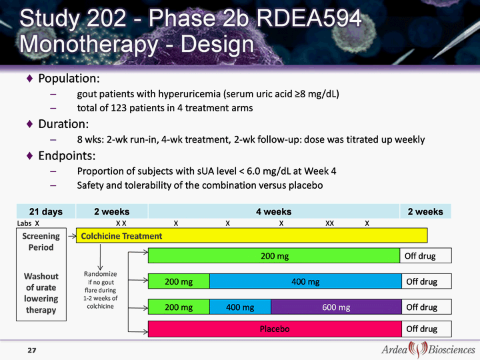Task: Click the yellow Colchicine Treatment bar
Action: (251, 235)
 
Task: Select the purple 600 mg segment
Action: (336, 307)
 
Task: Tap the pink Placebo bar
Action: (275, 329)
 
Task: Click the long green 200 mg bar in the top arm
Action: (274, 255)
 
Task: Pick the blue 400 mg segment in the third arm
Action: (240, 307)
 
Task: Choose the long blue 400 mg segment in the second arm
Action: (305, 281)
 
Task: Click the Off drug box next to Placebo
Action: (427, 329)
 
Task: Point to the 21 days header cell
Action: (46, 211)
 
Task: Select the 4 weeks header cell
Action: (274, 211)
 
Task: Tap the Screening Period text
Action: (41, 241)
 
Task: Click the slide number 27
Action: (32, 350)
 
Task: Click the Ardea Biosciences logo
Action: (428, 349)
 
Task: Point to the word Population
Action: (69, 79)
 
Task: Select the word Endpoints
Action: (67, 156)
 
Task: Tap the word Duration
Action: (63, 124)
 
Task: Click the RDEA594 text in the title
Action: (309, 19)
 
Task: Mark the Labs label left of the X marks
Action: (24, 223)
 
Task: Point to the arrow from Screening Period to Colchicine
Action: (71, 236)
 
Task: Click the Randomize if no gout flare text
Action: (101, 289)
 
